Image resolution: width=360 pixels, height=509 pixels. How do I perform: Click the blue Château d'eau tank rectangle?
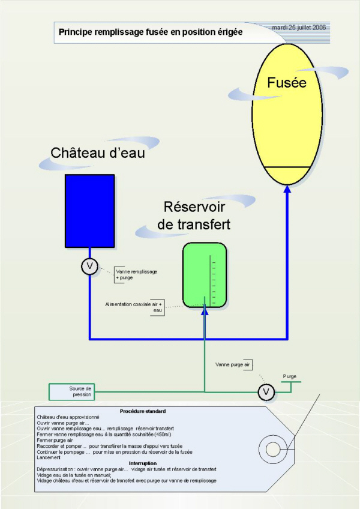coord(90,211)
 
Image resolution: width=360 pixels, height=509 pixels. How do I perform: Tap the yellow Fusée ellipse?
coord(287,114)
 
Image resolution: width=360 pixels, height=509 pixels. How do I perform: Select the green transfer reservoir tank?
coord(205,275)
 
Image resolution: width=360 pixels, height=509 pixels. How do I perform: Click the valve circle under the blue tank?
coord(89,267)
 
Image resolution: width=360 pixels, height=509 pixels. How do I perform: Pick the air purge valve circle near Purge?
coord(266,392)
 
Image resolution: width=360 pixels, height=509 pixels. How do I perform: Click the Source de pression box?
coord(72,392)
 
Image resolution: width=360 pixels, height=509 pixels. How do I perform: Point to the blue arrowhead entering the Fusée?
coord(287,189)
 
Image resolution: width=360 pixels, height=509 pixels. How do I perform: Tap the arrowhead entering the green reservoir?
coord(205,311)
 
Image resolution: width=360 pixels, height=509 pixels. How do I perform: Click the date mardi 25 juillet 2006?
coord(299,28)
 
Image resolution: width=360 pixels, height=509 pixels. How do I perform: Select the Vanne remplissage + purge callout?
coord(136,275)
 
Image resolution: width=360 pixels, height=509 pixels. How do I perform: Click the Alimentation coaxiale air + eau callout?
coord(134,307)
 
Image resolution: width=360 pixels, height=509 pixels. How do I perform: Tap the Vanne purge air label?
coord(233,364)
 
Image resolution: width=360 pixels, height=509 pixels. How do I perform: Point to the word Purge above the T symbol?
coord(290,376)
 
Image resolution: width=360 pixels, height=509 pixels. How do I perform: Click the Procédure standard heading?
coord(143,411)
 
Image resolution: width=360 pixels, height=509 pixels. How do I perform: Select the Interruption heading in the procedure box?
coord(143,463)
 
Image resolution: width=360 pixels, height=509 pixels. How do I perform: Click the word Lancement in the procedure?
coord(49,457)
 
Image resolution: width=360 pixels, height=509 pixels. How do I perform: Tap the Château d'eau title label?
coord(98,153)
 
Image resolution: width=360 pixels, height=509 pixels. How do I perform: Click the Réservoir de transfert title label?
coord(194,215)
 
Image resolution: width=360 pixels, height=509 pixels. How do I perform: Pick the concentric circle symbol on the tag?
coord(272,450)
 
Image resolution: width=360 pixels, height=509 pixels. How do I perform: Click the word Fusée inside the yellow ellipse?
coord(287,82)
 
